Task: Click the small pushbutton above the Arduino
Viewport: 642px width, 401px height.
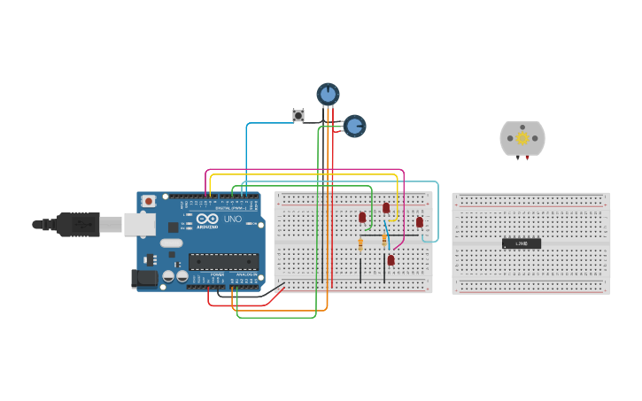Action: point(298,115)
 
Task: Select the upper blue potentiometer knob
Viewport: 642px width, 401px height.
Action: point(328,94)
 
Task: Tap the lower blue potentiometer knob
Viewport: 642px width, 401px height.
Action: point(354,127)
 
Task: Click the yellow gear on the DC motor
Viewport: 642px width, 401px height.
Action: point(522,137)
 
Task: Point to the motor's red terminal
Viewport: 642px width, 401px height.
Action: point(529,158)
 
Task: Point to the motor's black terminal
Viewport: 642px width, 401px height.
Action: point(516,158)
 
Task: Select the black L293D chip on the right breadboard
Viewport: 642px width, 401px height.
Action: point(522,243)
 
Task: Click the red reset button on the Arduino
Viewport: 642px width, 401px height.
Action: point(149,201)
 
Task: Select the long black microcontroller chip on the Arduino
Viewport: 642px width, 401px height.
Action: point(223,261)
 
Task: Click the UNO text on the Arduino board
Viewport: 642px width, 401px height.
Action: point(232,219)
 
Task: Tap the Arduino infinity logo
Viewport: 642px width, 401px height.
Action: point(208,219)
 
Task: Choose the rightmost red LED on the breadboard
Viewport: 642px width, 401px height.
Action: point(420,222)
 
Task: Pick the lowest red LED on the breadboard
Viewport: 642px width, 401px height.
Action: point(391,259)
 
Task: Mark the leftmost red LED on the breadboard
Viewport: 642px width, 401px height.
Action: point(362,217)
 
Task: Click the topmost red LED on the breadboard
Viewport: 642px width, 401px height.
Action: point(386,208)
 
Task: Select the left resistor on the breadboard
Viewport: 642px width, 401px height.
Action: point(360,243)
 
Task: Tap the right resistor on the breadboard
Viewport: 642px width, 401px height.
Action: point(384,241)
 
